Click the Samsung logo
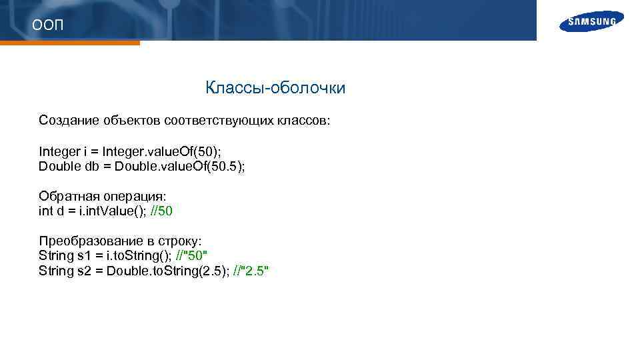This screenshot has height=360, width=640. [592, 21]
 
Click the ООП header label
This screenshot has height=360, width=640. [48, 25]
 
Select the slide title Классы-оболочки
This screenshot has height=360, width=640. [275, 88]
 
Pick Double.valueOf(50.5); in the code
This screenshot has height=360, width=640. [180, 166]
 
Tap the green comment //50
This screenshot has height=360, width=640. [163, 211]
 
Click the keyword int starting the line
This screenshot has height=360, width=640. [46, 211]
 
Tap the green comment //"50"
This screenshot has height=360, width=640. [192, 256]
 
